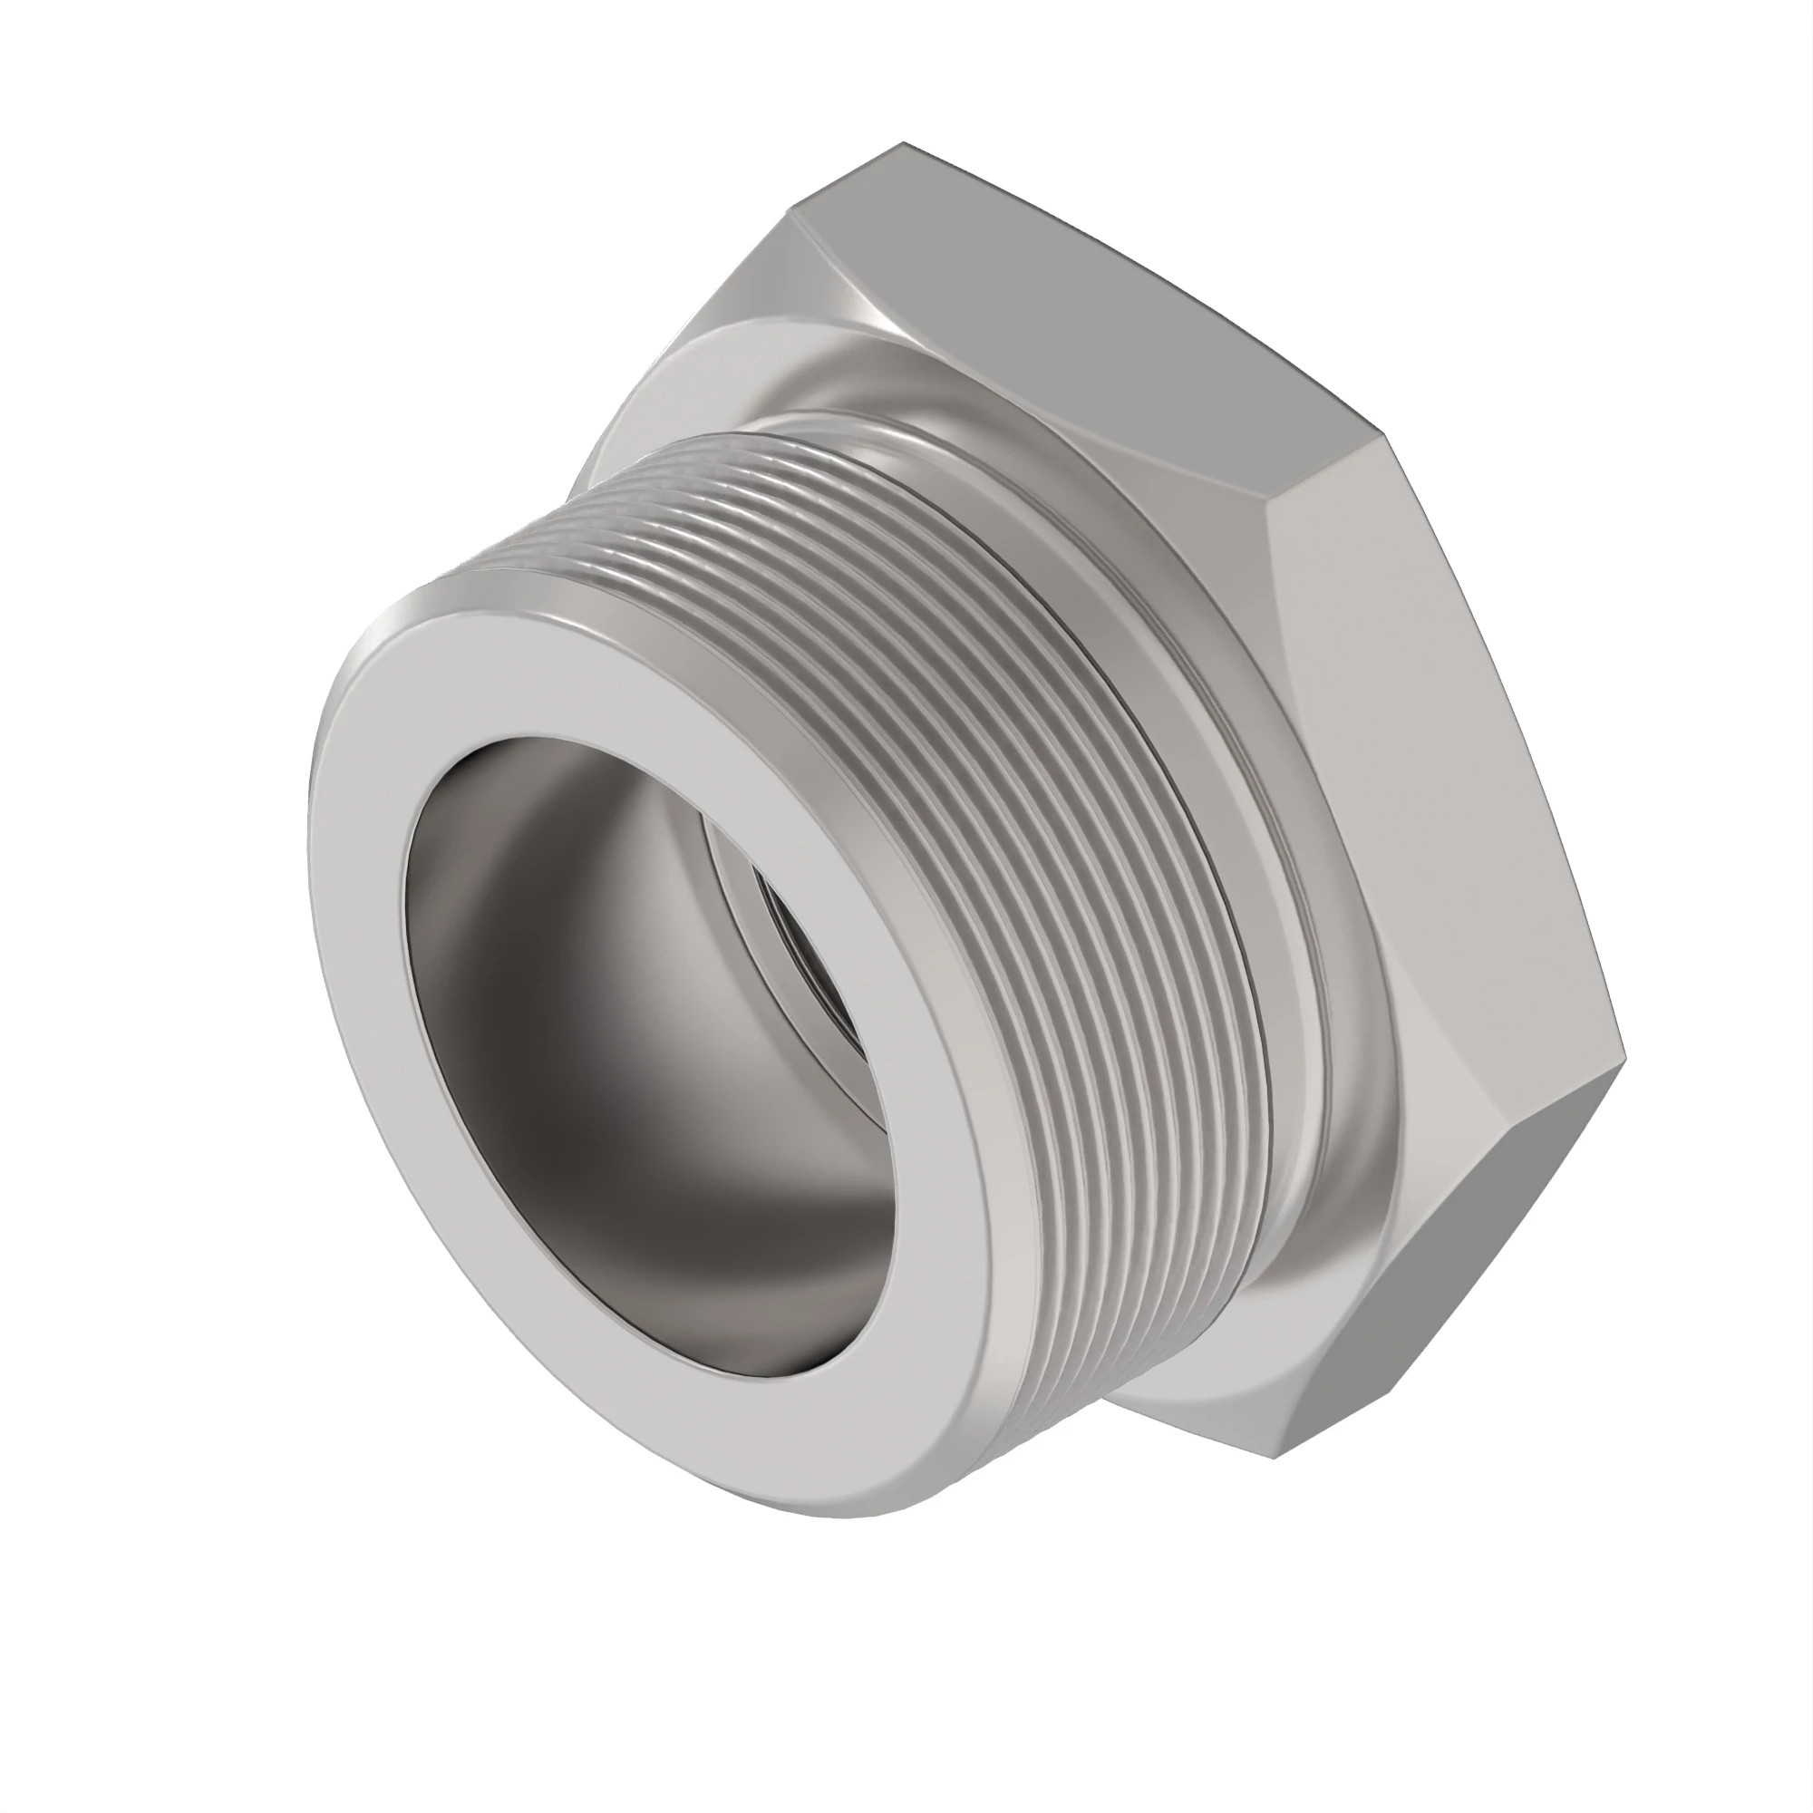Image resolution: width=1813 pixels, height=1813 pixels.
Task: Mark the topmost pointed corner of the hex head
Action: point(903,143)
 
